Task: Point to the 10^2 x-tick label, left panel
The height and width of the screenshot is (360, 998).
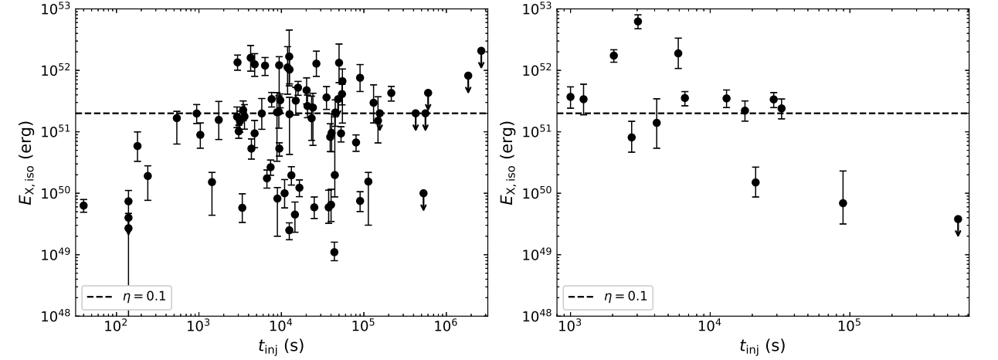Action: point(117,328)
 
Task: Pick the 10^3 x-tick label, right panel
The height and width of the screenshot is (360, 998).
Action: point(569,328)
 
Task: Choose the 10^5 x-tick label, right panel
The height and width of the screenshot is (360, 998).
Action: point(849,328)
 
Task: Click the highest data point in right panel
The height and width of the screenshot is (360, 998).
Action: point(638,22)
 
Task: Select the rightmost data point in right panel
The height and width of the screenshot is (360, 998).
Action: point(958,219)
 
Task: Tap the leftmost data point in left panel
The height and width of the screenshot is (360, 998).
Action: point(83,205)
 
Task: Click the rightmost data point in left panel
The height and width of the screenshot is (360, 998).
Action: point(480,51)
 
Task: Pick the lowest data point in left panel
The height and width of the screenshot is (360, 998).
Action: point(334,252)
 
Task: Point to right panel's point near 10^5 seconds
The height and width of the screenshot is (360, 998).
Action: point(843,203)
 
